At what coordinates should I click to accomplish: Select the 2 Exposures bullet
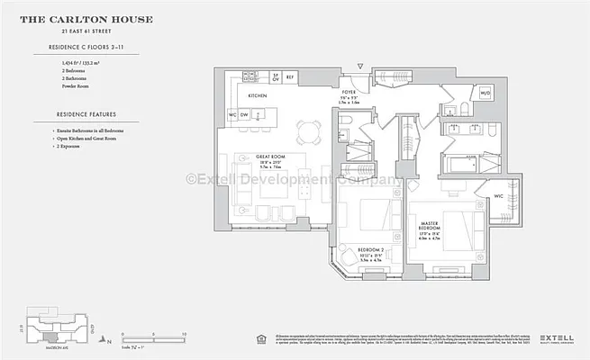point(72,148)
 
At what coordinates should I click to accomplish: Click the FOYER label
point(349,93)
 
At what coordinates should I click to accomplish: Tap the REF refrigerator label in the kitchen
point(290,77)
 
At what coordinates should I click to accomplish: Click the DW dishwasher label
point(245,115)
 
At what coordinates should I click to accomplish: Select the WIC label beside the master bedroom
point(497,196)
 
